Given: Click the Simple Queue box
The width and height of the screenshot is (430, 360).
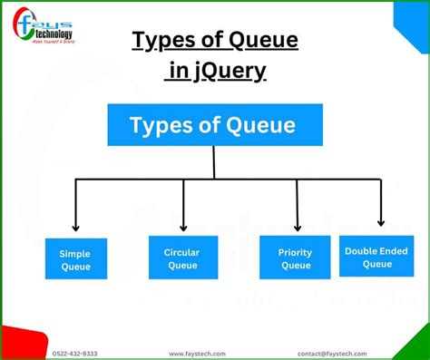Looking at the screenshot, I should coord(75,259).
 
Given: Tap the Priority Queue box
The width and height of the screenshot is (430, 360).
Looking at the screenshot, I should coord(296,258).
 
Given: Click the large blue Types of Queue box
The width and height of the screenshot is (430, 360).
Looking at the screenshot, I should coord(213,125).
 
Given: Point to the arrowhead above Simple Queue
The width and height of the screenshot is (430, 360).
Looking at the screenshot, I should coord(76,227).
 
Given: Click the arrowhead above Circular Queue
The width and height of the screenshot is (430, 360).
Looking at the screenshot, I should coord(182,227).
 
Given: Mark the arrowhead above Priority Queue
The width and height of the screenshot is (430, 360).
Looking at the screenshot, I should coord(297,227).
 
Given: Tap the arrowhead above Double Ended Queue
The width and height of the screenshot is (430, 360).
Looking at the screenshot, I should coord(381,221).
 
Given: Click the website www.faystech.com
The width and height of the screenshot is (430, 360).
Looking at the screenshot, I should coord(198,354).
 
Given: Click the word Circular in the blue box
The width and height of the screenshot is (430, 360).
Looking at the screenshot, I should coord(181,252).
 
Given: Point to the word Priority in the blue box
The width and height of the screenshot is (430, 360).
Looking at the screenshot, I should coord(296,252).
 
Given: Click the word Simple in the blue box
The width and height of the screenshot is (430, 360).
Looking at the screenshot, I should coord(75,254).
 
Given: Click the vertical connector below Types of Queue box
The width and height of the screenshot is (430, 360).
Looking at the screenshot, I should coord(214,162).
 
